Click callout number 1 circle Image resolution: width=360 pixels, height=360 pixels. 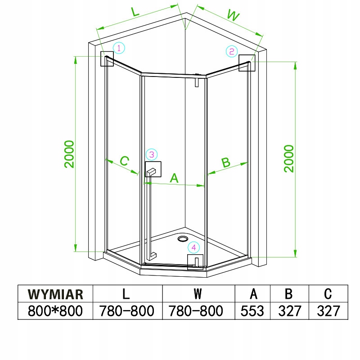coord(118,48)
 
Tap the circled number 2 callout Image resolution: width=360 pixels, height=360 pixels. coord(231,51)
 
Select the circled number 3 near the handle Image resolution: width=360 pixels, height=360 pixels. coord(152,155)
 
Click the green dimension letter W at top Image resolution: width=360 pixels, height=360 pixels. coord(232,15)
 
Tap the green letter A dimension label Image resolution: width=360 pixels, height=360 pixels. coord(174,178)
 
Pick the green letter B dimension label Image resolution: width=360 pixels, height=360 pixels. coord(226,162)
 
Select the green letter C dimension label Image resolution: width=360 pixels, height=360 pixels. coord(125,160)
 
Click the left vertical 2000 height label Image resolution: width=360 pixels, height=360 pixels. coord(69,154)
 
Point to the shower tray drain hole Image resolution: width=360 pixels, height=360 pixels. coord(184,239)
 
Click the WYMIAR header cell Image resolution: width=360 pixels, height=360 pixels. coord(55,294)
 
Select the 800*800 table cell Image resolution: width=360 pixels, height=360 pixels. coord(55,310)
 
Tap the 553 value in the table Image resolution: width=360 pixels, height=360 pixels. coord(253,310)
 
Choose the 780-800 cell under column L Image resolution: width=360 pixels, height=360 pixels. coord(126,310)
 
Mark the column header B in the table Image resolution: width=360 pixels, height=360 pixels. coord(289,294)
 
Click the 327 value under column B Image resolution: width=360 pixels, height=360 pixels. coord(289,310)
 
